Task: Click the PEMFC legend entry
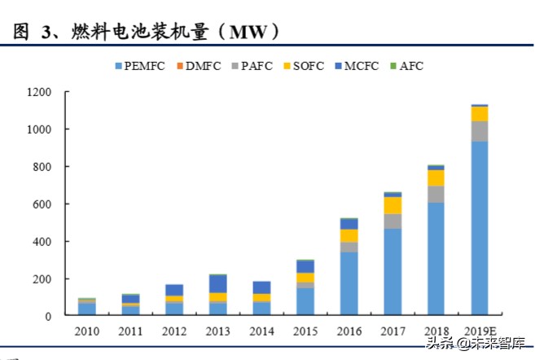[x=143, y=66]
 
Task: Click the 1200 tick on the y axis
[x=39, y=92]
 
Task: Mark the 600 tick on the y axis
[x=42, y=204]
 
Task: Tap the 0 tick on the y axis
[x=49, y=316]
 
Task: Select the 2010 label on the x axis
[x=86, y=331]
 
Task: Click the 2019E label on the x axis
[x=479, y=331]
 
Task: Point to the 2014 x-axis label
[x=261, y=331]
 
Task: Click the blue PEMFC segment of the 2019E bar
[x=479, y=228]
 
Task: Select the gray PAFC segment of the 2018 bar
[x=436, y=194]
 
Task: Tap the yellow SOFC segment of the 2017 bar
[x=392, y=205]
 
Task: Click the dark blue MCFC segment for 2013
[x=217, y=283]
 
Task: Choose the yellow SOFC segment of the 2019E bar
[x=479, y=114]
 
